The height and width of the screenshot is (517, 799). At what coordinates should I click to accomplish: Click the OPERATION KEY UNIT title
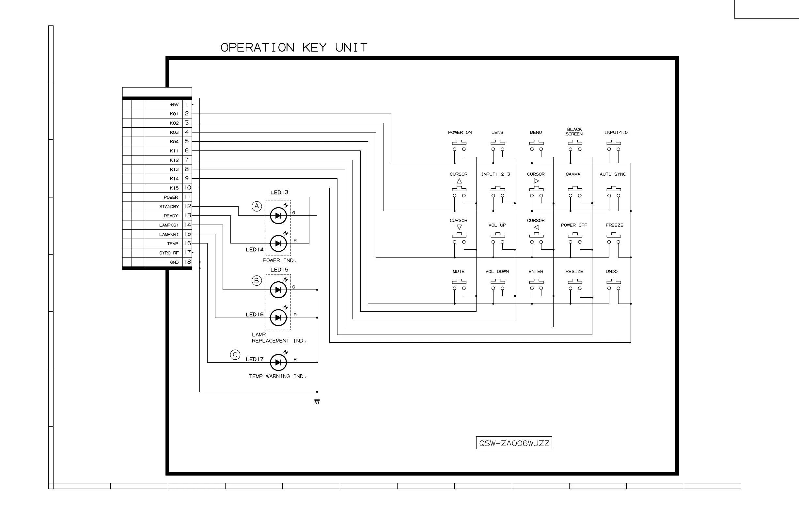(294, 48)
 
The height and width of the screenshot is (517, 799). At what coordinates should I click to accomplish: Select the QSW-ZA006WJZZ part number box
(514, 443)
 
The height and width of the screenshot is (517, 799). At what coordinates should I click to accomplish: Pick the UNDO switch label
(612, 272)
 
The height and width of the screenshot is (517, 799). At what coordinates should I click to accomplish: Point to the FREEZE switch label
(614, 225)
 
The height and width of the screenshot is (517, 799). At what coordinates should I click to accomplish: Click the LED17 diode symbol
(278, 363)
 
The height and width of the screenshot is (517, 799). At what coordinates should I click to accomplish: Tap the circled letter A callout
(257, 206)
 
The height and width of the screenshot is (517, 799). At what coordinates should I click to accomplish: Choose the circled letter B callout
(257, 281)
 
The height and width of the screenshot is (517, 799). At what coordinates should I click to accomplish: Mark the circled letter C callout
(235, 355)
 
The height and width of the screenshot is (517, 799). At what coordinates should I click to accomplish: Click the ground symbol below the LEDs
(317, 401)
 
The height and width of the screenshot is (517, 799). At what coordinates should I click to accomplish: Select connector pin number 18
(187, 262)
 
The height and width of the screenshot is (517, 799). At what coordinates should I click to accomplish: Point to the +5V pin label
(174, 105)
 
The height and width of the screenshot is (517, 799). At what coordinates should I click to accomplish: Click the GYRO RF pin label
(169, 253)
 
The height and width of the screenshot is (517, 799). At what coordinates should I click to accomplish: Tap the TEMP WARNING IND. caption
(278, 376)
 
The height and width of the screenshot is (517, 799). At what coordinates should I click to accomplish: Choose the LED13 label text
(279, 192)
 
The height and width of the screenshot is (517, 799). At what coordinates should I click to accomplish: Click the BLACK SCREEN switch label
(574, 132)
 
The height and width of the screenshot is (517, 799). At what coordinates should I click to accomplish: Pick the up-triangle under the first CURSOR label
(459, 181)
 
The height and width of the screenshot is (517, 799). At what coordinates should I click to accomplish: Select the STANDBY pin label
(169, 207)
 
